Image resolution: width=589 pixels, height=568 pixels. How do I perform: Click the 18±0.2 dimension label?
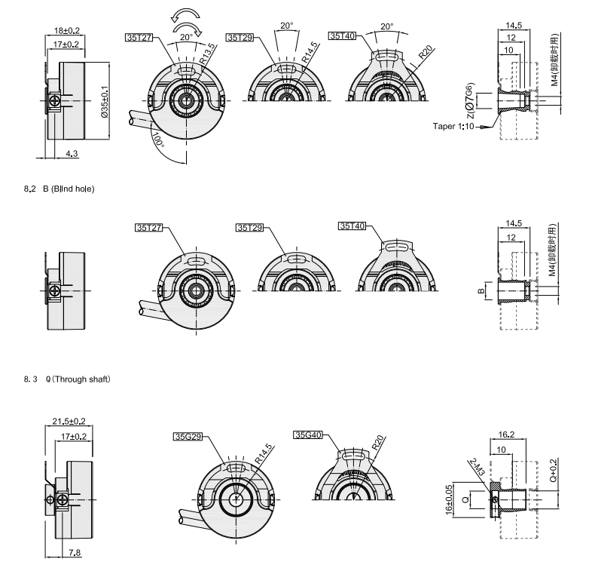67,30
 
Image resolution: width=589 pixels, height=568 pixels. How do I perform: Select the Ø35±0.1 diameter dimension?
105,102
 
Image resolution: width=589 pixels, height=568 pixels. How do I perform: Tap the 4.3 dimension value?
72,153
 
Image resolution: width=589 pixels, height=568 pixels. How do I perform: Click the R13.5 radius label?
207,54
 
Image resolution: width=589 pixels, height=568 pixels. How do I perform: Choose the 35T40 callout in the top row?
342,35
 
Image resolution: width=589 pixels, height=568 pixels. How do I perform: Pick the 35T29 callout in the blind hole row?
250,228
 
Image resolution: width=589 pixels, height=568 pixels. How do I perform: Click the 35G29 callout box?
188,437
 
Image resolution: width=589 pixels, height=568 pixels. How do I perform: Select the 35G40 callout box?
308,434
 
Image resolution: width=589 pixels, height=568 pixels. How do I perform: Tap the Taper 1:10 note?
453,127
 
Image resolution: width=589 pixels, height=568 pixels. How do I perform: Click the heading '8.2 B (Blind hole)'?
59,189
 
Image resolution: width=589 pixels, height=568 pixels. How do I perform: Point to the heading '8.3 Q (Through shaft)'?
67,379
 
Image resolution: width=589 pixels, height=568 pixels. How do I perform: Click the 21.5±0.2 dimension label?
69,422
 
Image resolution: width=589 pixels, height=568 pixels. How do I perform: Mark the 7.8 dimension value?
75,553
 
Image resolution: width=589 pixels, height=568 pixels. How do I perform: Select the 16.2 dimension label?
506,434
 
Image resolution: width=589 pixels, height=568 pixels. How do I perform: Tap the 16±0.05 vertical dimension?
449,499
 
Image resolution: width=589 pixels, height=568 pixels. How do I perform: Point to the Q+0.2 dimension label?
553,470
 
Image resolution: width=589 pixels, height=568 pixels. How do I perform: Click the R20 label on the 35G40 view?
378,443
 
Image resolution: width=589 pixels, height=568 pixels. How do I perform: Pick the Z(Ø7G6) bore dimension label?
469,100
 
